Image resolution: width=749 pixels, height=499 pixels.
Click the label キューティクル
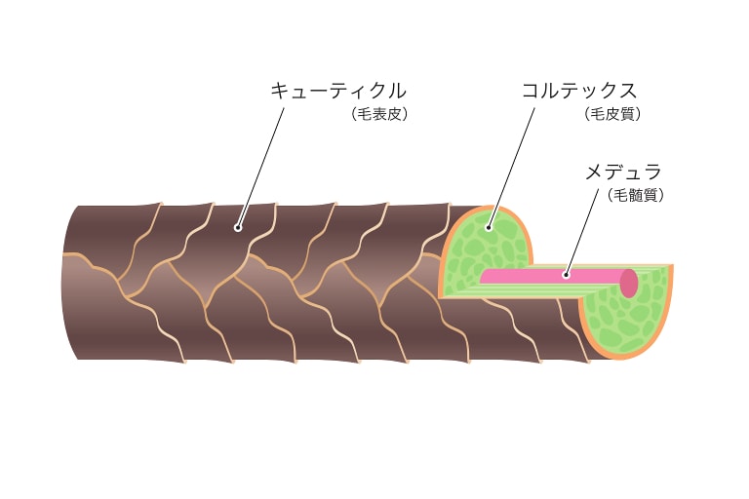point(337,91)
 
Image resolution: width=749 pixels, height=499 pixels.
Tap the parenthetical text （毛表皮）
point(379,114)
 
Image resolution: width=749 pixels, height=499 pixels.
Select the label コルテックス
point(579,91)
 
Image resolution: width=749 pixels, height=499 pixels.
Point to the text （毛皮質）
point(612,114)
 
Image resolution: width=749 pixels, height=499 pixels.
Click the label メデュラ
point(623,172)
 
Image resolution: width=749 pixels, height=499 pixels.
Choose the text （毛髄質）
point(636,195)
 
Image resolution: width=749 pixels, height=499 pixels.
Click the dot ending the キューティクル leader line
point(238,228)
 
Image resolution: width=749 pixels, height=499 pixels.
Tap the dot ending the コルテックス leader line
point(489,227)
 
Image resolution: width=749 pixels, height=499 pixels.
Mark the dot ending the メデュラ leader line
point(566,275)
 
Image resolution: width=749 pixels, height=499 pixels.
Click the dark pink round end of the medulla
point(629,283)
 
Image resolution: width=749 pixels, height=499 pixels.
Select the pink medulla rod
point(554,278)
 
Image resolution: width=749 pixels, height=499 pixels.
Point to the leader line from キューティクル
point(260,168)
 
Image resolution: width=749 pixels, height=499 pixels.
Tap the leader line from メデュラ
point(582,232)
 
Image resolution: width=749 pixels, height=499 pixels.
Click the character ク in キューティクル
point(373,91)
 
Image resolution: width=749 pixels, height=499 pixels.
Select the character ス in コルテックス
point(628,91)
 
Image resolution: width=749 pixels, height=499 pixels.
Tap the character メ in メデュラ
point(593,172)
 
